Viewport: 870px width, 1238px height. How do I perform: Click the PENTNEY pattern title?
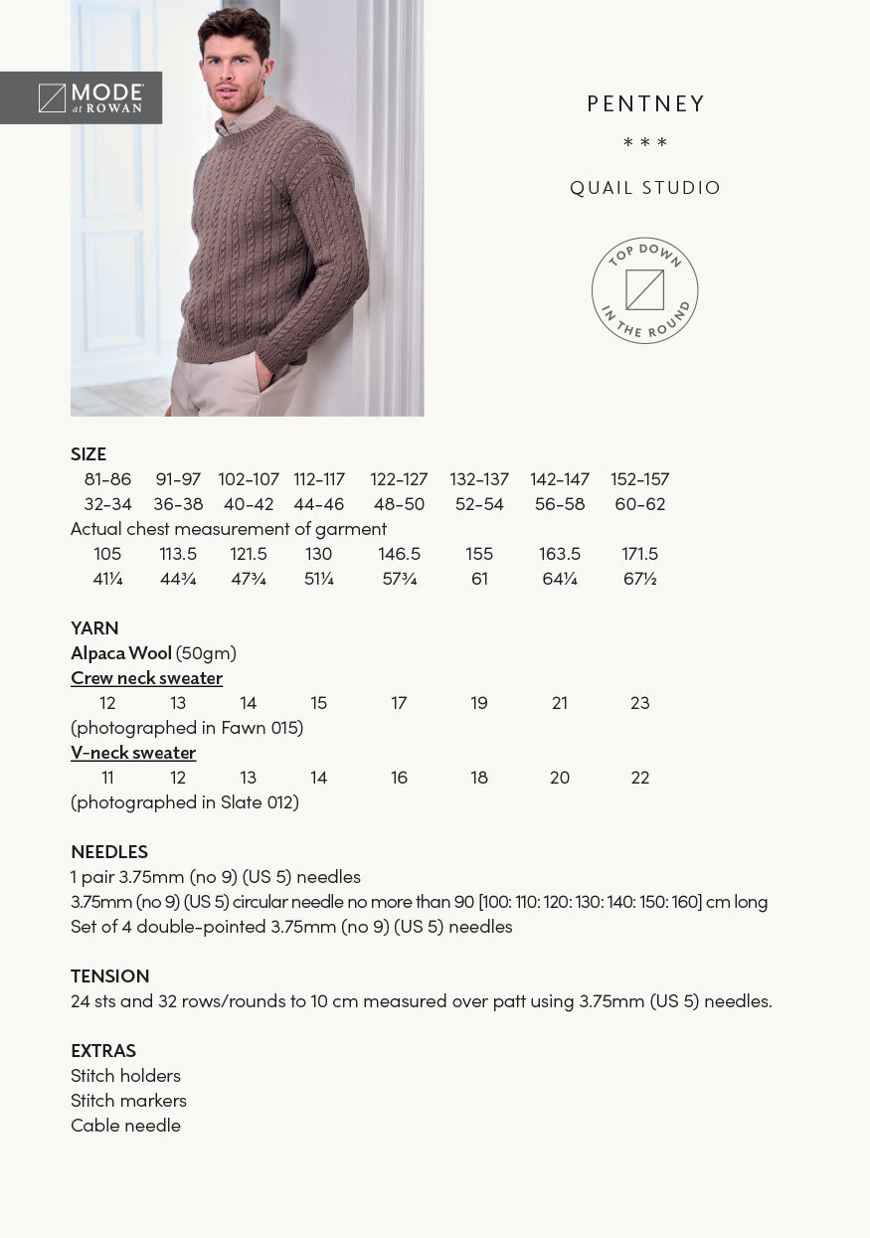coord(645,104)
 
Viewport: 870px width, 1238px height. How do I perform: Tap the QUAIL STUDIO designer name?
coord(645,188)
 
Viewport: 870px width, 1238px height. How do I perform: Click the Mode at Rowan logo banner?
coord(82,97)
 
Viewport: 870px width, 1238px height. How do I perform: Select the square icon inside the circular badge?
coord(644,290)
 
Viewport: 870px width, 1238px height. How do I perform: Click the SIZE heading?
coord(88,454)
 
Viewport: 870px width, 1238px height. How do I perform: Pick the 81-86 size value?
coord(107,479)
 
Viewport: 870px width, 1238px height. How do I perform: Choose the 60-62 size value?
coord(640,504)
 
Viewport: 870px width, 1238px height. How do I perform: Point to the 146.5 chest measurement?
coord(399,554)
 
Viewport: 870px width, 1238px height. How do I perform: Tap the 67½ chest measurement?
coord(640,579)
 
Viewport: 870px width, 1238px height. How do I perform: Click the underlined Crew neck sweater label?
coord(146,678)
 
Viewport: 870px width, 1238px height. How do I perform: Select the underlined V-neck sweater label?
coord(133,753)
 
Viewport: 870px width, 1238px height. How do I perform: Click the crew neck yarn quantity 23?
coord(640,703)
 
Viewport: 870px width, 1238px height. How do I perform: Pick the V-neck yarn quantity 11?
coord(107,778)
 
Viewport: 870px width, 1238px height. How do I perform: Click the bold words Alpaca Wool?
coord(121,653)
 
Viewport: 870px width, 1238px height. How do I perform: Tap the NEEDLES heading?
coord(109,852)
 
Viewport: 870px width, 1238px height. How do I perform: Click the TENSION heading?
coord(110,976)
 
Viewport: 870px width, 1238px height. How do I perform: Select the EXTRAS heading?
coord(103,1051)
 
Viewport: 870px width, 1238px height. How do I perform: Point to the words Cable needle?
coord(125,1126)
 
